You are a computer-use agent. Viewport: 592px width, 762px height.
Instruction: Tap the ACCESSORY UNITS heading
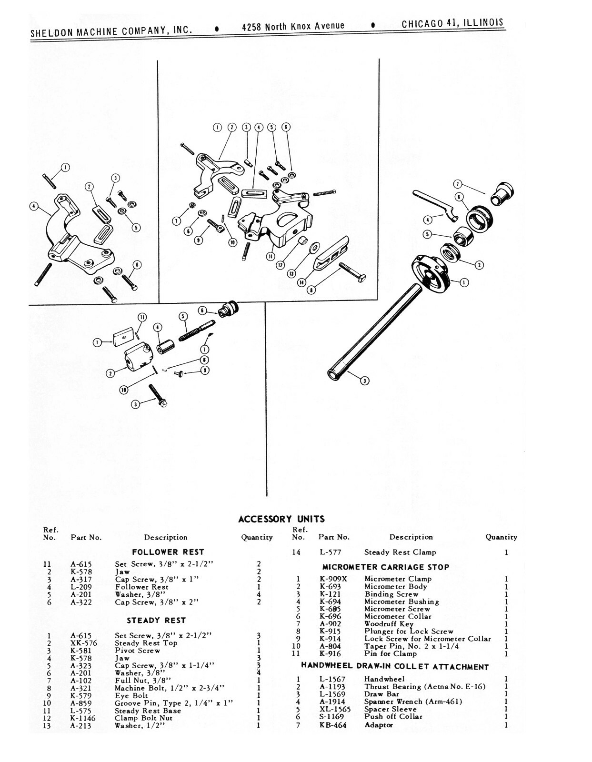point(281,519)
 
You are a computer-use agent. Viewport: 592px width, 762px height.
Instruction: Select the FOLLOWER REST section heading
point(168,552)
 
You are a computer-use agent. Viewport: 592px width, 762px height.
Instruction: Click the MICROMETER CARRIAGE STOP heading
point(385,567)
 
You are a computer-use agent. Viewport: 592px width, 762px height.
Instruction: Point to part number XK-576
point(84,643)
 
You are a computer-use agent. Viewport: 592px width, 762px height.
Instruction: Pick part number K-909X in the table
point(333,579)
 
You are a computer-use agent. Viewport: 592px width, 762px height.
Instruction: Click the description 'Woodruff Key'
point(389,624)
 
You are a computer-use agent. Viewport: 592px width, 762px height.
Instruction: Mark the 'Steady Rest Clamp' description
point(400,552)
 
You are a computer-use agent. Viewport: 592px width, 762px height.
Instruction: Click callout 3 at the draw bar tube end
point(365,381)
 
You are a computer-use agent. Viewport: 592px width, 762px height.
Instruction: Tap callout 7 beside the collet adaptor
point(457,184)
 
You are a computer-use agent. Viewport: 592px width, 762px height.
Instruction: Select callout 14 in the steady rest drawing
point(301,283)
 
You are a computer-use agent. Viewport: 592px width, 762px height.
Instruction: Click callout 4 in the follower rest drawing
point(33,206)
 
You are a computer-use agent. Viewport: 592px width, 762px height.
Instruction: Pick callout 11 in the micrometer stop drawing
point(141,318)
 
